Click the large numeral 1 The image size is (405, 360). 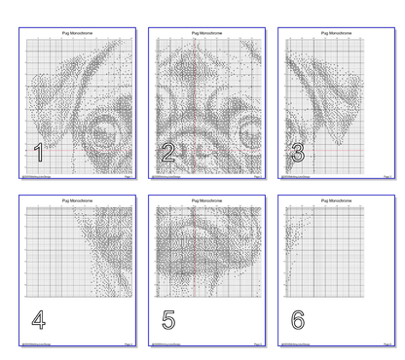click(x=38, y=152)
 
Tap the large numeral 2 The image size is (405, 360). click(x=167, y=152)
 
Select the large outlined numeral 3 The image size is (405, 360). click(x=298, y=152)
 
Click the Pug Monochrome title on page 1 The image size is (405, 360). click(x=79, y=32)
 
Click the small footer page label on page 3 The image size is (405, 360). click(x=387, y=179)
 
